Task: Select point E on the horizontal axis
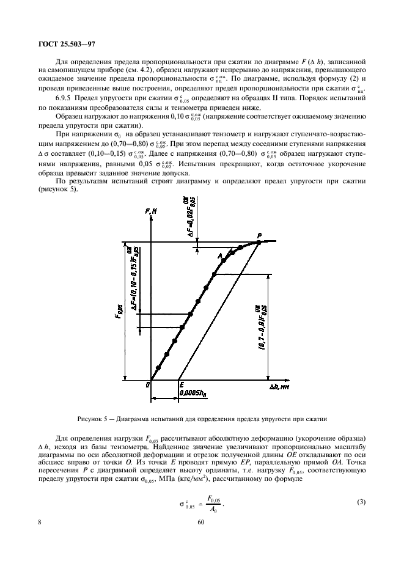tap(181, 384)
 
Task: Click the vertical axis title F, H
tap(152, 211)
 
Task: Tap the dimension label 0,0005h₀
tap(193, 394)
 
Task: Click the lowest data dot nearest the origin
tap(158, 367)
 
